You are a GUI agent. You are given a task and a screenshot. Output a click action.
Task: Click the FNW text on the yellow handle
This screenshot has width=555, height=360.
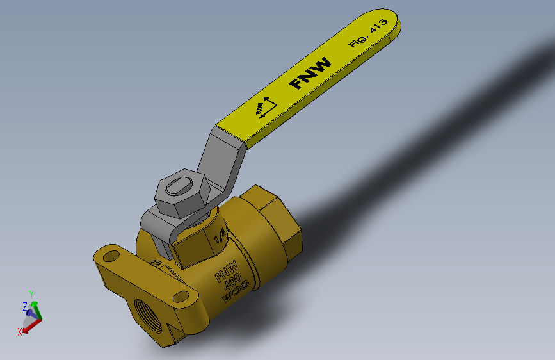click(310, 74)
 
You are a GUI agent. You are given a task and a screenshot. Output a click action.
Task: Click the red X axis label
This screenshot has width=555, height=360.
click(20, 331)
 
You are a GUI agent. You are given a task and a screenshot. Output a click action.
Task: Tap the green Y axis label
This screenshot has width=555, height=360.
click(31, 294)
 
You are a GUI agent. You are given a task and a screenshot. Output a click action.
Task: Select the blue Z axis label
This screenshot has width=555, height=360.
click(25, 306)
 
